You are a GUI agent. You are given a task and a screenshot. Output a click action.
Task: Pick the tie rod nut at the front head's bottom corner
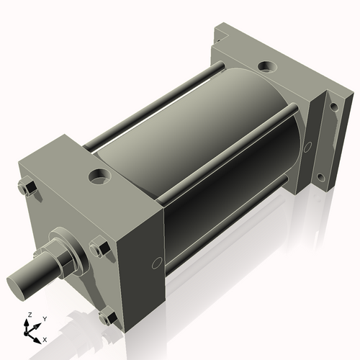point(108,317)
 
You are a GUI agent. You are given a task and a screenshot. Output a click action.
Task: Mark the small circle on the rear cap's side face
point(308,147)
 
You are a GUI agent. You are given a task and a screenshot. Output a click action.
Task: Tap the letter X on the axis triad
point(45,338)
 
